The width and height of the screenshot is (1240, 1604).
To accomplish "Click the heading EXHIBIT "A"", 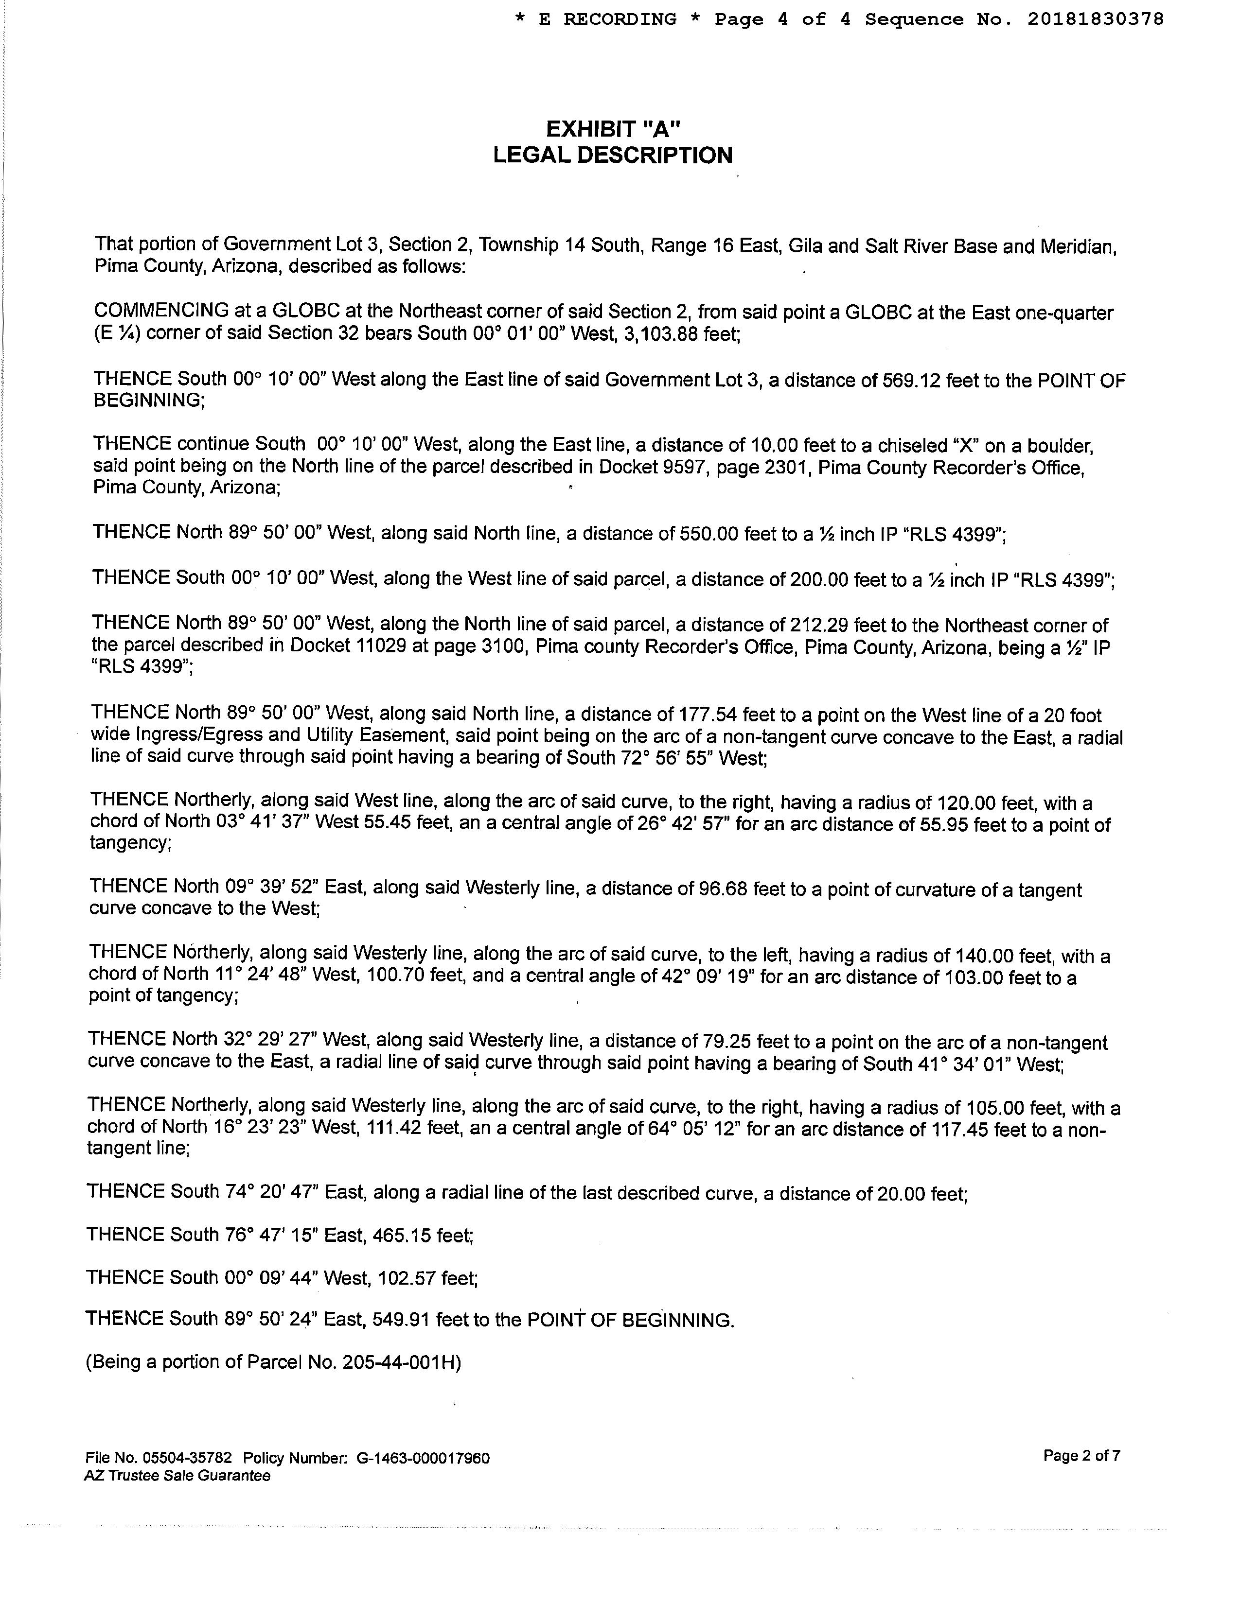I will (613, 129).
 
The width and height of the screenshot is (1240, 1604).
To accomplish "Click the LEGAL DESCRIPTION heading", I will (613, 156).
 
